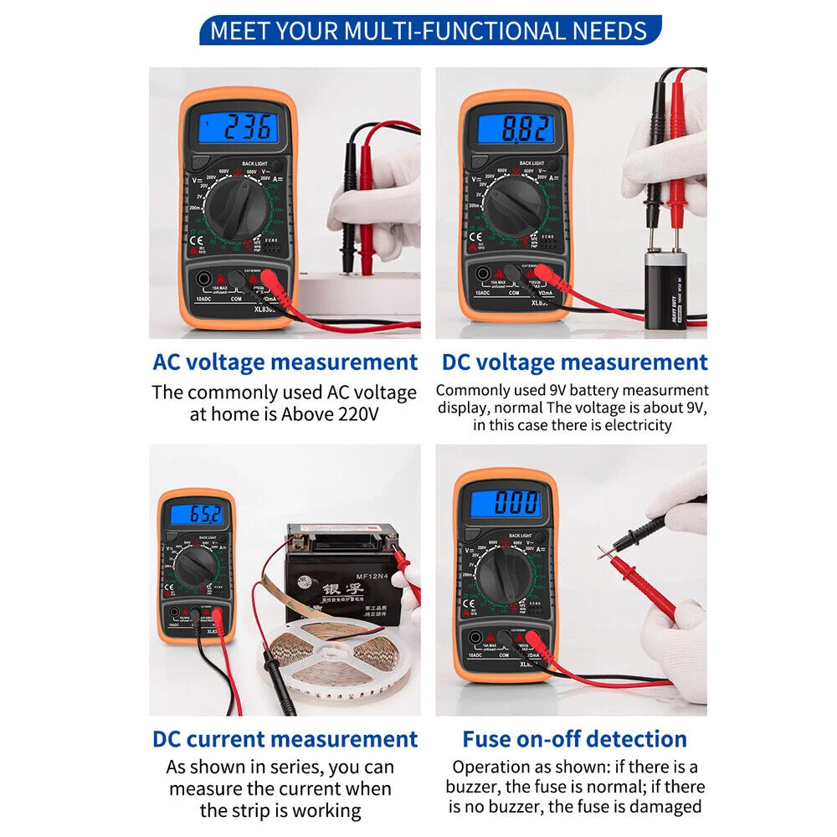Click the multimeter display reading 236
[236, 128]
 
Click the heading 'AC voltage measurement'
[285, 362]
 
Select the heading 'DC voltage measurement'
[574, 362]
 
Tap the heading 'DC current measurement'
[285, 739]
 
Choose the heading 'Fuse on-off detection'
[574, 739]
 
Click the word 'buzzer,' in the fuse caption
[474, 787]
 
